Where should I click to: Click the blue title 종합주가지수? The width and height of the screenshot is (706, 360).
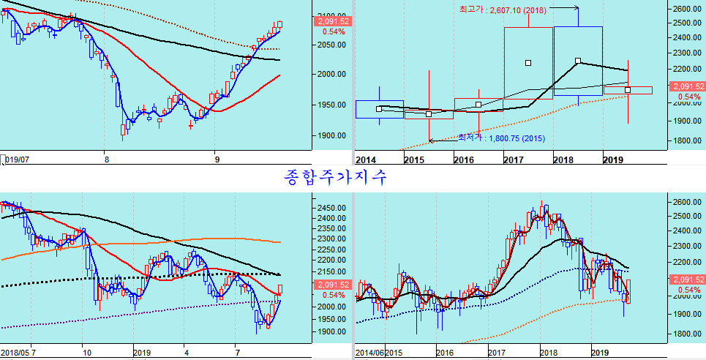[x=334, y=176]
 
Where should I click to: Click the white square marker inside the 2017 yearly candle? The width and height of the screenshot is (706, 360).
[x=528, y=63]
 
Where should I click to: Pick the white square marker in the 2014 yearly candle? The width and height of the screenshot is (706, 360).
[x=379, y=109]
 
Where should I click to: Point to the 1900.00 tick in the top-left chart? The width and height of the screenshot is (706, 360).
[x=331, y=135]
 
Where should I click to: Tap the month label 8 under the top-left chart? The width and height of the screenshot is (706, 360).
[x=107, y=159]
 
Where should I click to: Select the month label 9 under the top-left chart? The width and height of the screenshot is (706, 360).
[x=217, y=159]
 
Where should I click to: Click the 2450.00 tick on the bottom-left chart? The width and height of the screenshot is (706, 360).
[x=331, y=208]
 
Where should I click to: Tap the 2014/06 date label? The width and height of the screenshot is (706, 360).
[x=369, y=353]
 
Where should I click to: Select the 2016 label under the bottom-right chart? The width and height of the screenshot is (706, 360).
[x=444, y=353]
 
